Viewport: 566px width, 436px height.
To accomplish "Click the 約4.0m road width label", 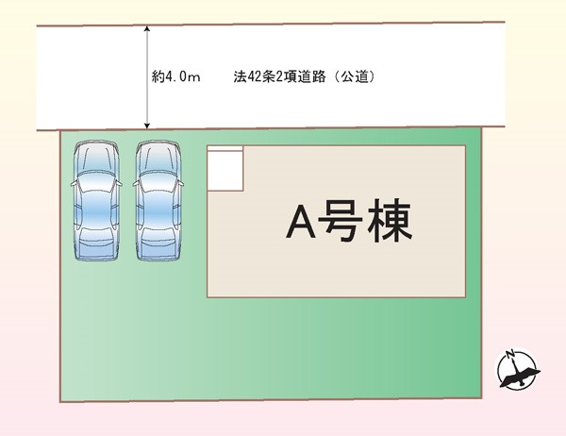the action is click(175, 76).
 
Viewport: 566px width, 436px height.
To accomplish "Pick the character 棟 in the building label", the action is click(390, 221).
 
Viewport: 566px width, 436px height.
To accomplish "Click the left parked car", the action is click(96, 200).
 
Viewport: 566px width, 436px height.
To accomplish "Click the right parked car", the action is click(158, 200).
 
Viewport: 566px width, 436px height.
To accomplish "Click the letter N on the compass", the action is click(510, 354).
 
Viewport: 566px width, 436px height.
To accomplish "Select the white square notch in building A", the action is click(225, 168).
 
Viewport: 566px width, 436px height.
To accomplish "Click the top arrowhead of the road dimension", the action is click(147, 28).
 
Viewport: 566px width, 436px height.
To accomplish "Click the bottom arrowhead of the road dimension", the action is click(147, 125).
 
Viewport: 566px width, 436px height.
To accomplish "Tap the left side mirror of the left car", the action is click(74, 184).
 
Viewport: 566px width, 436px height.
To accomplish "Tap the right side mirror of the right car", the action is click(181, 184).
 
